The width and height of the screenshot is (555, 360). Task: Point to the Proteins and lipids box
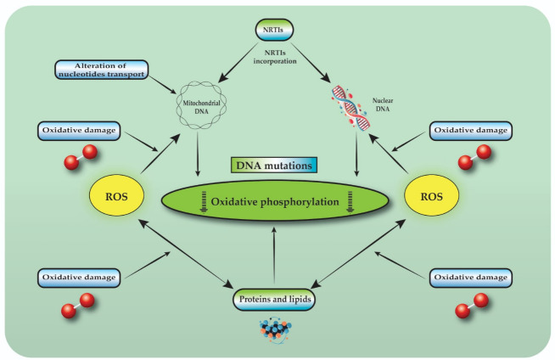pyautogui.click(x=274, y=299)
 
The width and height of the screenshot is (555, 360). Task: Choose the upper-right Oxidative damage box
pyautogui.click(x=469, y=131)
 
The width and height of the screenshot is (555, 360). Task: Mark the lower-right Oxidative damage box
pyautogui.click(x=469, y=276)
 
